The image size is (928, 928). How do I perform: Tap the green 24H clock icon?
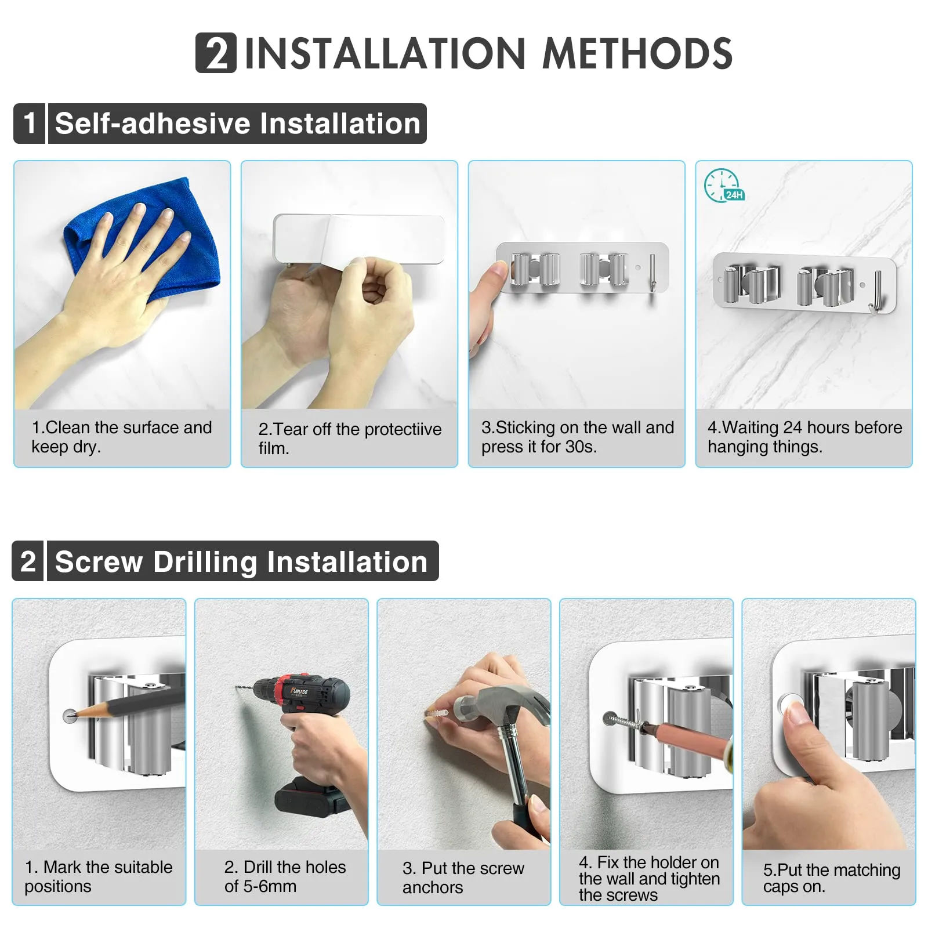(723, 186)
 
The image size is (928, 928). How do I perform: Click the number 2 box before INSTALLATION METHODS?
(216, 53)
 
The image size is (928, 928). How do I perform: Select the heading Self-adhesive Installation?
(238, 124)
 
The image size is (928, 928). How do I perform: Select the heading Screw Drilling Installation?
(241, 561)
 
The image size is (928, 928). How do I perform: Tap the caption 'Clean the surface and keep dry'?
(122, 437)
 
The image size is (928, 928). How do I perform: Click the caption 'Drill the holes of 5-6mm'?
(285, 876)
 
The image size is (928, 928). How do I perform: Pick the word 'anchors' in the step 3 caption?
(433, 887)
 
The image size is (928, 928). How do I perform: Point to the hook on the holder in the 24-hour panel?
(875, 293)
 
